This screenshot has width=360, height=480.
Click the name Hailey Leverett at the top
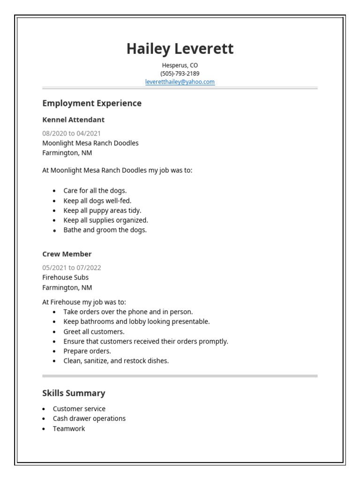[180, 49]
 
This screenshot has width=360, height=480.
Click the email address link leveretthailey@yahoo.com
[180, 82]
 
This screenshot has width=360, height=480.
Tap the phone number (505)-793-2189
[180, 74]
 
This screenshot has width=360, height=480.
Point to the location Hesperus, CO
[180, 65]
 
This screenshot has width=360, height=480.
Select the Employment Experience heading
[92, 103]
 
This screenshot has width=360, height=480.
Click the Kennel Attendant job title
[74, 120]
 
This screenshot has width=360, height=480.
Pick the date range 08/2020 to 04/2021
[71, 133]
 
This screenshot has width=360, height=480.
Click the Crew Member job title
[67, 254]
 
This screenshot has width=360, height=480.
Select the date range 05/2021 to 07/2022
[72, 268]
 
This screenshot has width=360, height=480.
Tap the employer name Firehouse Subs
[65, 277]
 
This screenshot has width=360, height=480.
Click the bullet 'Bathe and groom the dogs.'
[105, 230]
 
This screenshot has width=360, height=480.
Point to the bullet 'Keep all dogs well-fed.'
[97, 201]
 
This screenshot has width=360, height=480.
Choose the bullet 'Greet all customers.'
[94, 331]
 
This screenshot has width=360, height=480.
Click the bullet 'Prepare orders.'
[87, 351]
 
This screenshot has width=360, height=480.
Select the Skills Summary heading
[74, 393]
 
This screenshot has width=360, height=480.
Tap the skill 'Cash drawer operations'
[89, 419]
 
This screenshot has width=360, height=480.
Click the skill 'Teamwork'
[69, 428]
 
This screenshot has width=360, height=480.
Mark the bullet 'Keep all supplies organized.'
[106, 220]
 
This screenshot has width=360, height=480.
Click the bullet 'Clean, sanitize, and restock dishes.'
[116, 361]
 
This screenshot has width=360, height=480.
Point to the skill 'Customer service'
[79, 409]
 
